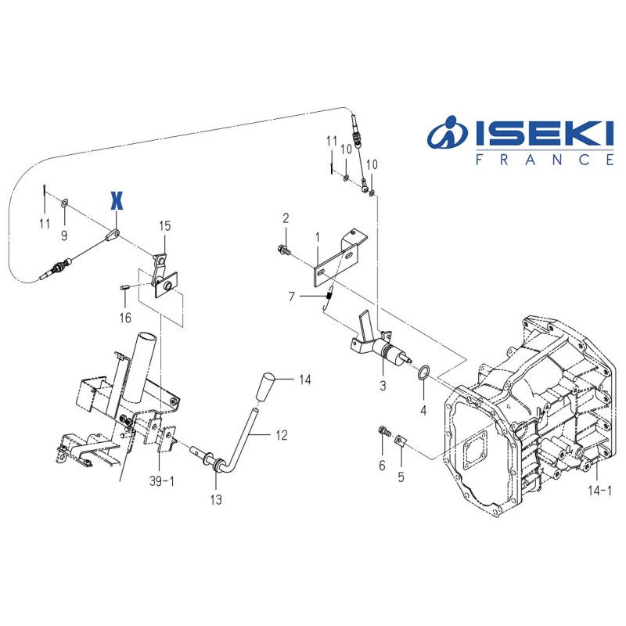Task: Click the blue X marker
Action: tap(117, 200)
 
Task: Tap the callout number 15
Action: tap(164, 226)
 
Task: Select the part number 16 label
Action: tap(125, 317)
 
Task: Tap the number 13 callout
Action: tap(216, 498)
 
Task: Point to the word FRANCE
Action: tap(545, 160)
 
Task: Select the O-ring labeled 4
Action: tap(422, 371)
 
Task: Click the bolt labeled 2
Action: tap(283, 250)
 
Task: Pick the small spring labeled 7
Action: tap(329, 296)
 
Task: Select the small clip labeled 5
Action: tap(400, 443)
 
